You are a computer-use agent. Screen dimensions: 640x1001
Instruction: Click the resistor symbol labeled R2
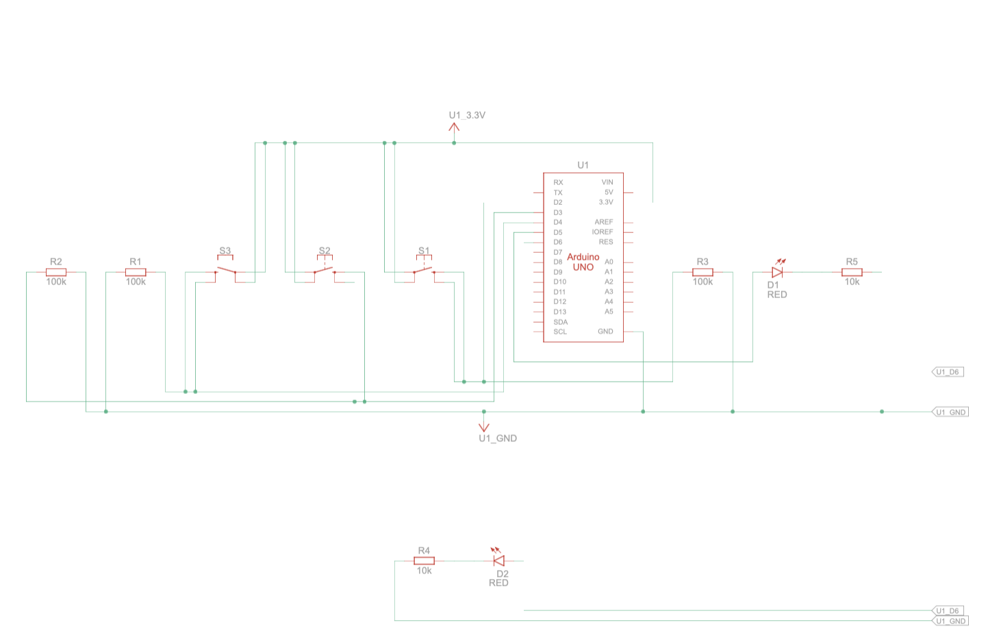coord(56,272)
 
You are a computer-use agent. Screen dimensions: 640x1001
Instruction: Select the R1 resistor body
coord(136,272)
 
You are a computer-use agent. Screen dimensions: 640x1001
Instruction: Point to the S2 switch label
coord(325,251)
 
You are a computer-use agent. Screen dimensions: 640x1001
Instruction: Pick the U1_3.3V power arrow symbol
coord(454,127)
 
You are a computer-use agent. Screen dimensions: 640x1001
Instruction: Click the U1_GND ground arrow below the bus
coord(484,426)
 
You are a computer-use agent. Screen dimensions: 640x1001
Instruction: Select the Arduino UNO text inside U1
coord(583,262)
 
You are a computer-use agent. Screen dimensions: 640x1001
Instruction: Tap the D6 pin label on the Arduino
coord(558,242)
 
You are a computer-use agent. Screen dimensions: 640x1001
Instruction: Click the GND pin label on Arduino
coord(605,332)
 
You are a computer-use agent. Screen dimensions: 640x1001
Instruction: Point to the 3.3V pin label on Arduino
coord(606,202)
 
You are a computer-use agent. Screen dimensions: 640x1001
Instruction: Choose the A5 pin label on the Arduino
coord(609,312)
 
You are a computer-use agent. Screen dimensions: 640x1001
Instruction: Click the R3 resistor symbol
coord(702,272)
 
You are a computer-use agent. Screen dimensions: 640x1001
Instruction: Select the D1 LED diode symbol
coord(777,271)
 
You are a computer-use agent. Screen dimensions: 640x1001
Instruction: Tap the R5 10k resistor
coord(852,272)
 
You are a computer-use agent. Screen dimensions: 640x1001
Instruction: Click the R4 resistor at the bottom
coord(424,561)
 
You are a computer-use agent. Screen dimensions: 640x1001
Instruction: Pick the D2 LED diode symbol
coord(499,560)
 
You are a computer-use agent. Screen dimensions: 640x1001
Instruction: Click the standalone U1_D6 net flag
coord(948,372)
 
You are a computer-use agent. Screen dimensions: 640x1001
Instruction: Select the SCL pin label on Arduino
coord(560,332)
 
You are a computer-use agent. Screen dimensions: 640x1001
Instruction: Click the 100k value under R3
coord(702,282)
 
